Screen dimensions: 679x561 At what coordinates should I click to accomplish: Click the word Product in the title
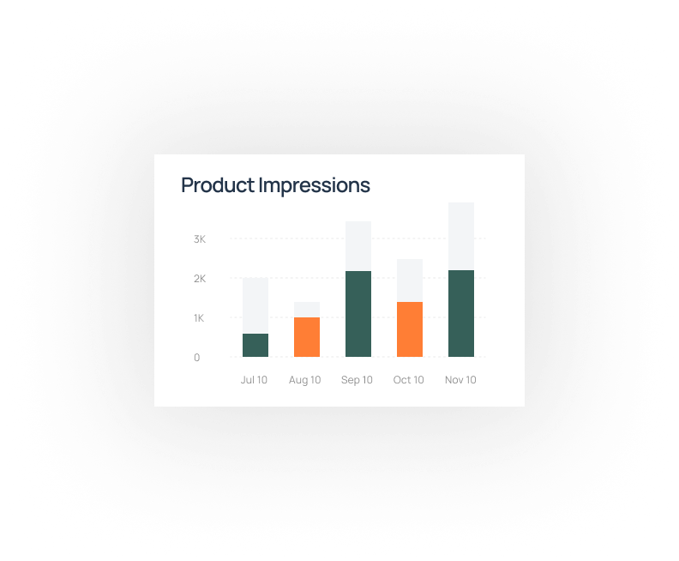pos(218,185)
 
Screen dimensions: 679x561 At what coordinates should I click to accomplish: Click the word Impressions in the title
pos(315,186)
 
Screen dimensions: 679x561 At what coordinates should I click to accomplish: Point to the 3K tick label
pos(200,239)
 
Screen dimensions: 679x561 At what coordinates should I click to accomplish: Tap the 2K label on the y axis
pos(200,279)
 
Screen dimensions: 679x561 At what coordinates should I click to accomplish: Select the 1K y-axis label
pos(199,318)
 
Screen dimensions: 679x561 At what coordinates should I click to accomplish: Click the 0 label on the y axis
pos(197,358)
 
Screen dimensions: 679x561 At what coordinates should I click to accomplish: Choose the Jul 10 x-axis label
pos(254,380)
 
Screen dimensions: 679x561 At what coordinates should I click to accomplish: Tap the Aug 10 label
pos(305,380)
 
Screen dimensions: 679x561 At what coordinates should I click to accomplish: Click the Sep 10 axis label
pos(357,380)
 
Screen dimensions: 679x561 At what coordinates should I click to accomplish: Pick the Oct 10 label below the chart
pos(408,380)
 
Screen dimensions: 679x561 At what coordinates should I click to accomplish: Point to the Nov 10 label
pos(460,380)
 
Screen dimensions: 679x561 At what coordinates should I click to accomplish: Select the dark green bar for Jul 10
pos(255,346)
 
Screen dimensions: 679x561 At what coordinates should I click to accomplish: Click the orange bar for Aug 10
pos(307,337)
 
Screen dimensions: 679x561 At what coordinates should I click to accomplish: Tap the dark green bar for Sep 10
pos(358,314)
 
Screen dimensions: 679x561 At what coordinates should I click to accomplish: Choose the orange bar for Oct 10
pos(410,329)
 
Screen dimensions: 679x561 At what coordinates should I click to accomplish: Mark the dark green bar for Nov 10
pos(461,314)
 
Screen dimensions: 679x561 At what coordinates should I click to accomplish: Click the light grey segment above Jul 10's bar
pos(255,306)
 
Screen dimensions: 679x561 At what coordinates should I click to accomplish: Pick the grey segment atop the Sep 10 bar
pos(358,246)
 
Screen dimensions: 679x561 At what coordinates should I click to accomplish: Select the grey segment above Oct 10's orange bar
pos(410,280)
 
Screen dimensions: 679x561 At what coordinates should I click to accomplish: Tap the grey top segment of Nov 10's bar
pos(461,237)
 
